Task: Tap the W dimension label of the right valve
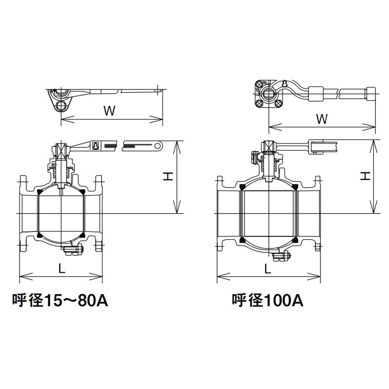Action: pyautogui.click(x=321, y=118)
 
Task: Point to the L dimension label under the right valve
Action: pyautogui.click(x=268, y=268)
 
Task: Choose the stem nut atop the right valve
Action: pyautogui.click(x=268, y=145)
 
